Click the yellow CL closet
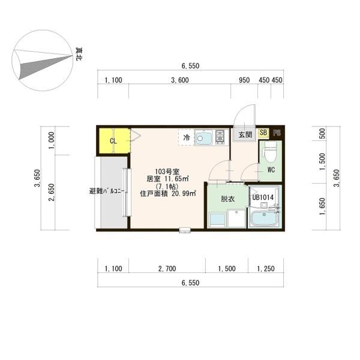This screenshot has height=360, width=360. tap(113, 141)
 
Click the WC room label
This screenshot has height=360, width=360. tap(271, 170)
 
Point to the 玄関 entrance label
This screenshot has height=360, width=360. tap(245, 135)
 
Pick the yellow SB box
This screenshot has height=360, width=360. tap(263, 133)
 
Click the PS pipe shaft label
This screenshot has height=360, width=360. tap(277, 133)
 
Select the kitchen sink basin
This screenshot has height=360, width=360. tap(204, 139)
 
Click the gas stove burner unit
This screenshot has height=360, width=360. tap(220, 137)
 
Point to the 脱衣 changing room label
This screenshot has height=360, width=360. tap(227, 199)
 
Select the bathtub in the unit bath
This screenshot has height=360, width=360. tap(264, 219)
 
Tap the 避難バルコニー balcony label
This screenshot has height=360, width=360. tap(106, 191)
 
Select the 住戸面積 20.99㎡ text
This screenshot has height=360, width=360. tap(165, 193)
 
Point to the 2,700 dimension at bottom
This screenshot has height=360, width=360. tap(167, 269)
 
